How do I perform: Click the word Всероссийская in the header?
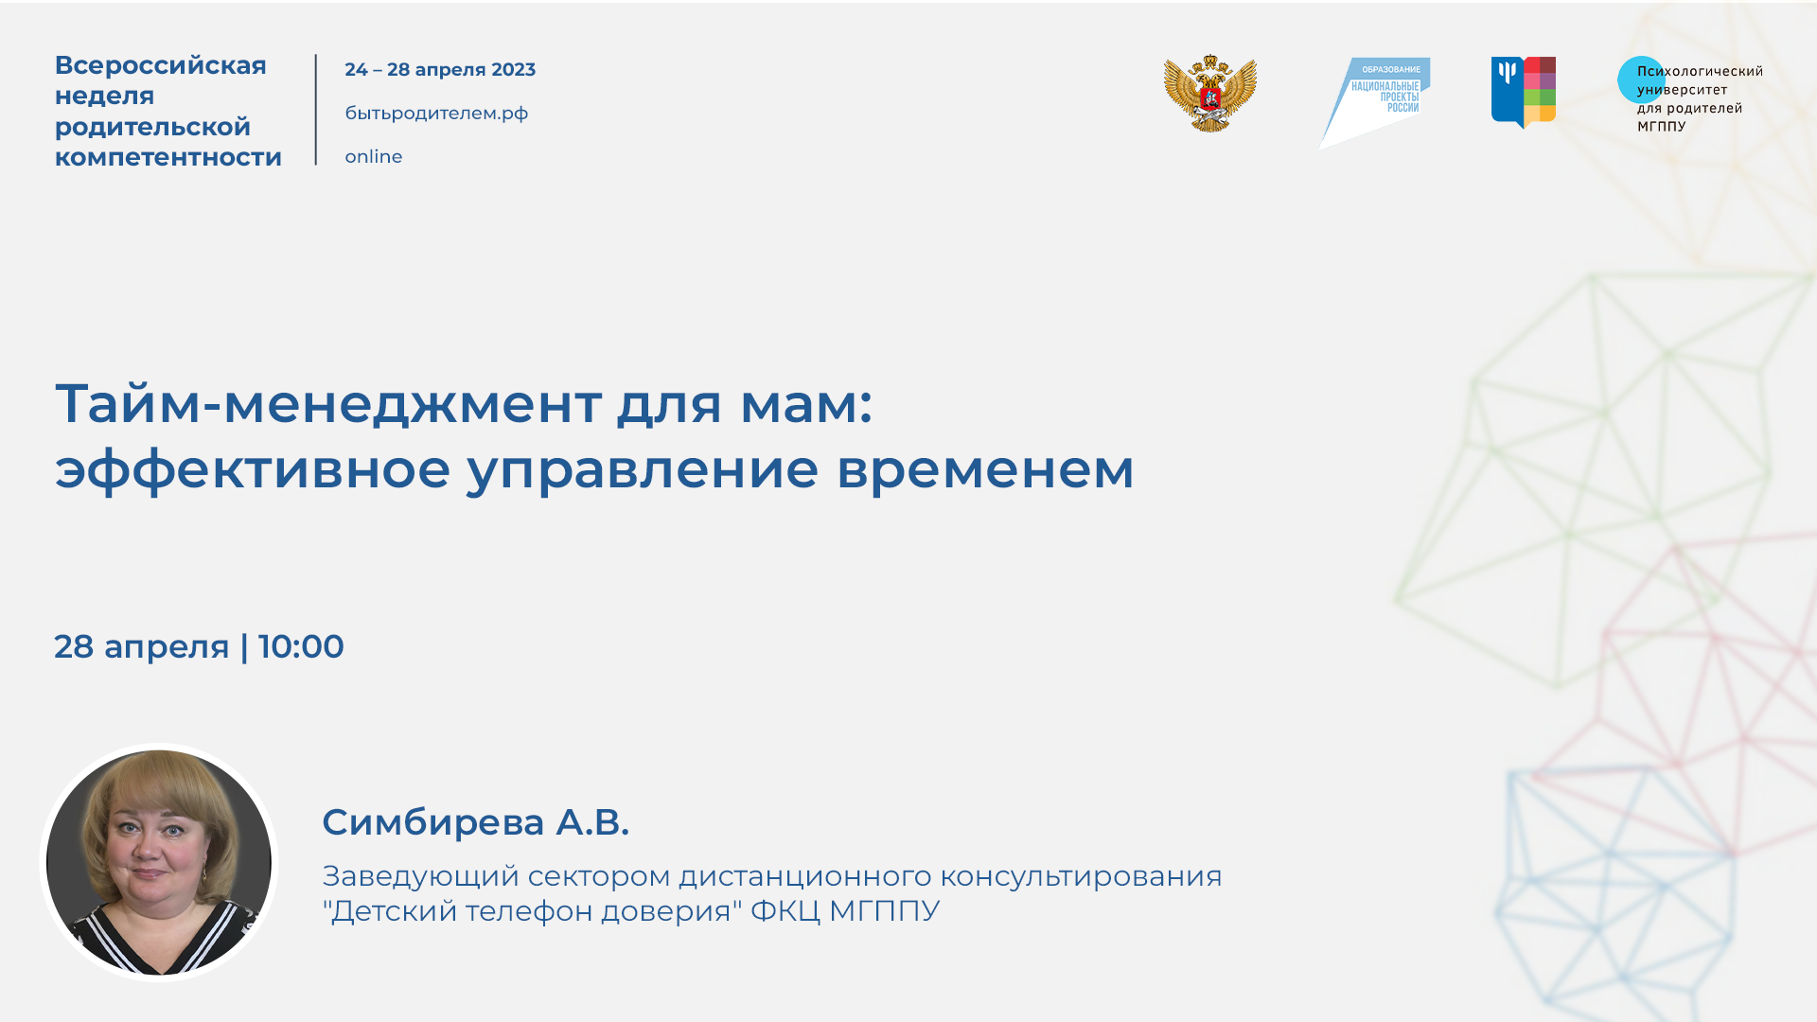160,65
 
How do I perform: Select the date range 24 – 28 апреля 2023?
440,69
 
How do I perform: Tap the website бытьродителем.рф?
436,114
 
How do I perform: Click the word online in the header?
373,157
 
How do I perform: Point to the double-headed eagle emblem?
1209,94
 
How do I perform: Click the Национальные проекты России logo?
1377,99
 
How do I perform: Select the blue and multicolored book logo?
1523,92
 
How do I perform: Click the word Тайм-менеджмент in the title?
327,403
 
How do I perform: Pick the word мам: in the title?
805,403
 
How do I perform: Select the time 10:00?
301,647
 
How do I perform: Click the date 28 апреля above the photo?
141,647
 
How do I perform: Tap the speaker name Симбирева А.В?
475,822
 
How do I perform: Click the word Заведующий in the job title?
420,877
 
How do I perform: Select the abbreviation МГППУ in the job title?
884,911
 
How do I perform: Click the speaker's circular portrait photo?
159,862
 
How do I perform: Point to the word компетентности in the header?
168,157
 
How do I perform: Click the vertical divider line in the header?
316,110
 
